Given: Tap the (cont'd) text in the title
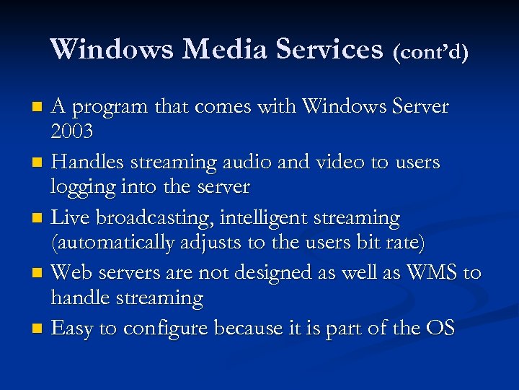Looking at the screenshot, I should [x=431, y=51].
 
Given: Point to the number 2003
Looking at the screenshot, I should [x=73, y=133].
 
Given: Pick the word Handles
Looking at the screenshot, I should [x=90, y=162].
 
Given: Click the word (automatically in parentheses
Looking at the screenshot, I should [x=112, y=243].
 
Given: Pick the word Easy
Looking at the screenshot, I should [x=72, y=329].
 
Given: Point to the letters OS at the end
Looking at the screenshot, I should [x=440, y=329].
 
